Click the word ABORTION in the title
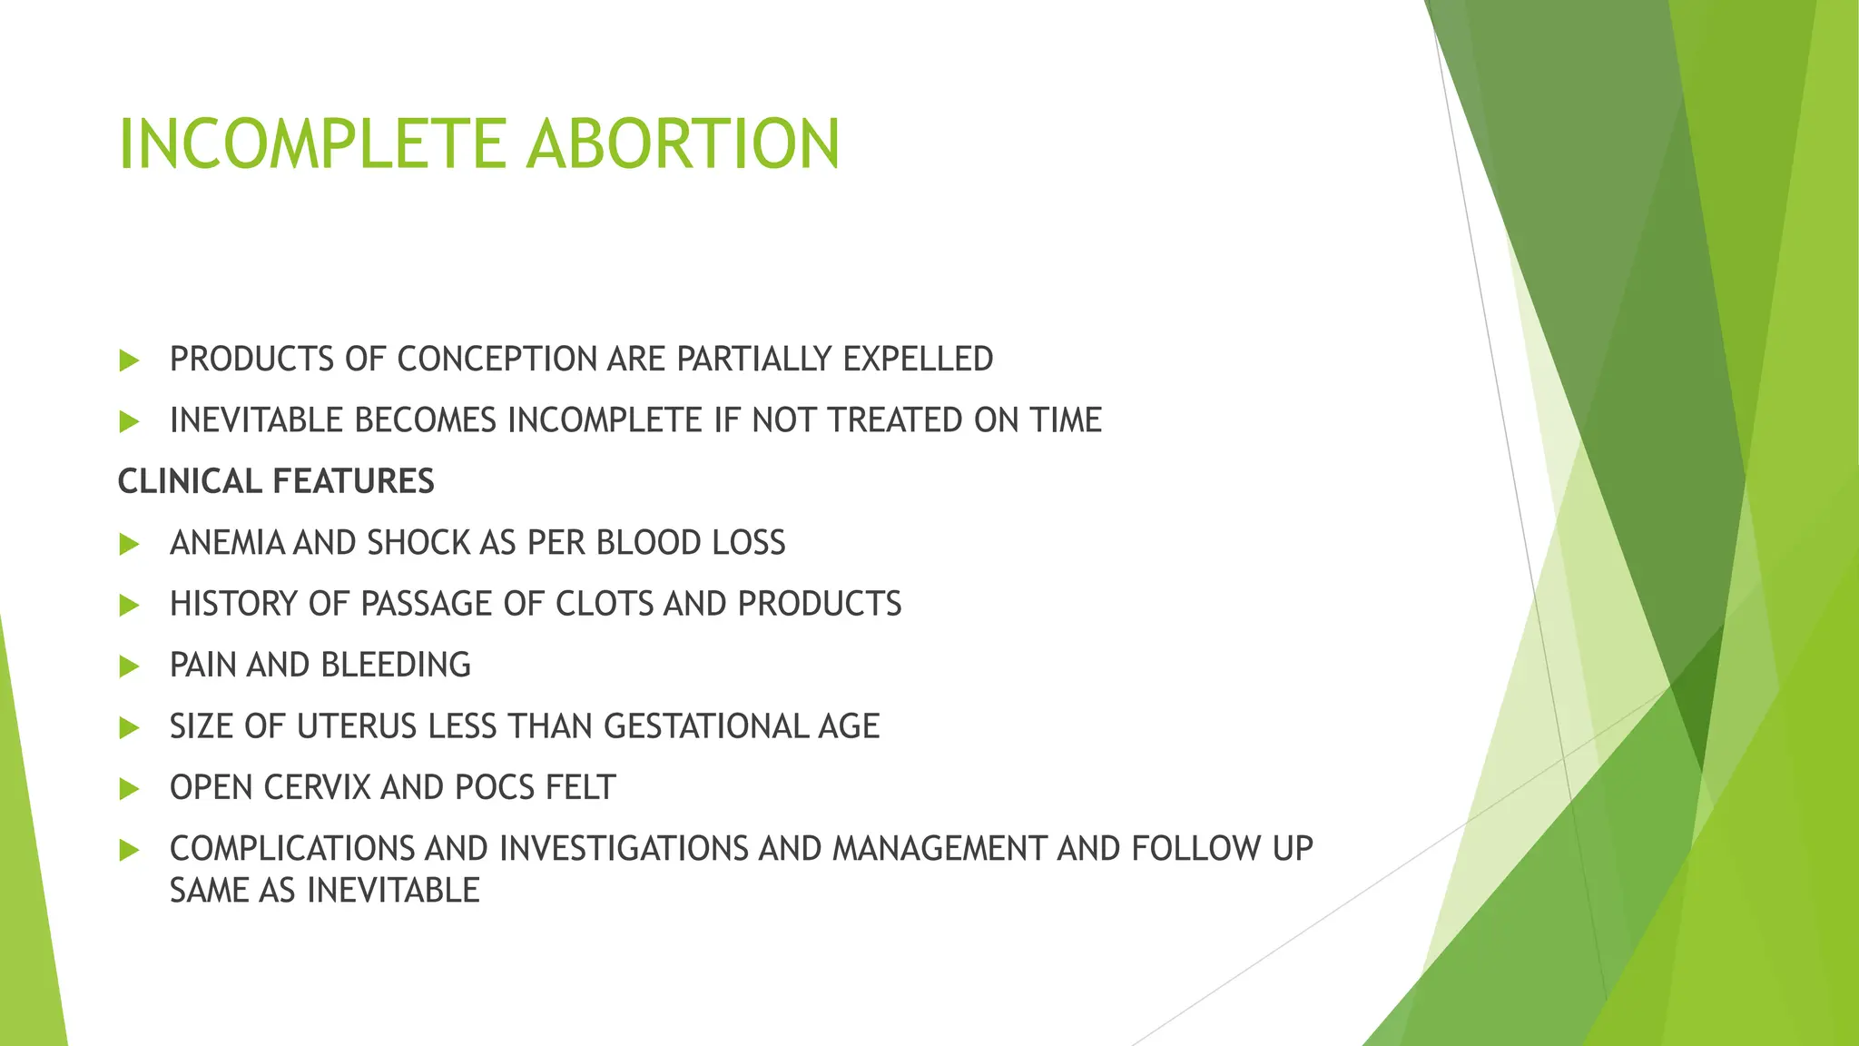[x=683, y=144]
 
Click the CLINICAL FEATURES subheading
[x=276, y=481]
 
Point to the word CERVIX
[x=317, y=788]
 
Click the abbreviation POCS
[x=496, y=788]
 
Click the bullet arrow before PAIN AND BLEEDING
[x=129, y=666]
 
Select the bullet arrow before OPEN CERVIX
[x=129, y=789]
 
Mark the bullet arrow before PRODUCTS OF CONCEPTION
[x=129, y=360]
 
